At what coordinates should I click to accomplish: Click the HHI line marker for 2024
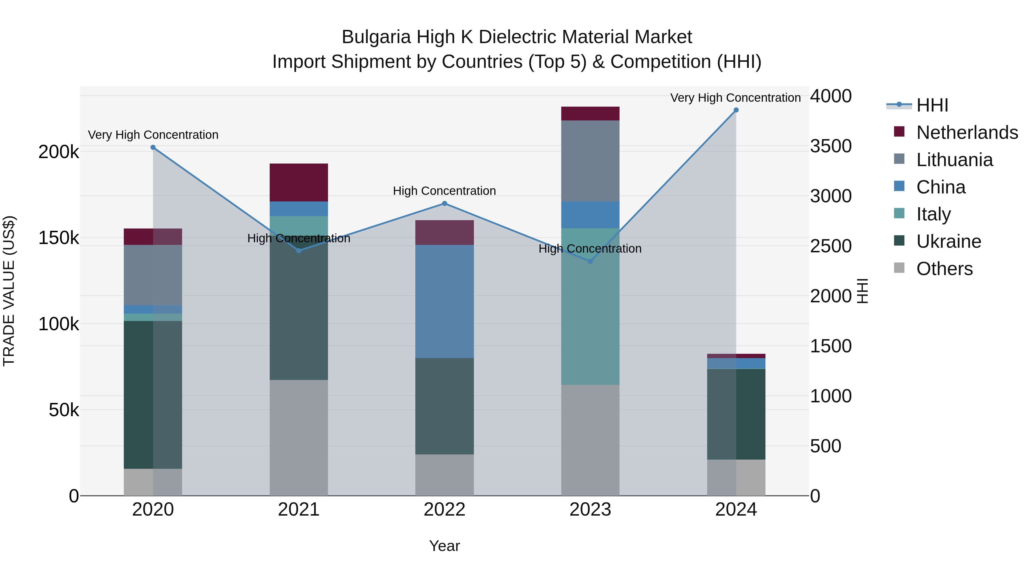tap(736, 110)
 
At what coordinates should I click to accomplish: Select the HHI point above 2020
tap(153, 147)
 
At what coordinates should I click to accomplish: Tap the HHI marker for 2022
tap(444, 204)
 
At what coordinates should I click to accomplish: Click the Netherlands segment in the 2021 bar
tap(299, 182)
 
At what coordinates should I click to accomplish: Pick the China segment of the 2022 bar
tap(444, 301)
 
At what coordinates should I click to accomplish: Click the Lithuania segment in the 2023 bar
tap(590, 161)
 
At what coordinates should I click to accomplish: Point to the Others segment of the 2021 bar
tap(299, 438)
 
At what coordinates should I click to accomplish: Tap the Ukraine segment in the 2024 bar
tap(736, 414)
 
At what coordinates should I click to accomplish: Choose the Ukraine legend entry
tap(948, 241)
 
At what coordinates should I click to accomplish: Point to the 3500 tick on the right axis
tap(830, 146)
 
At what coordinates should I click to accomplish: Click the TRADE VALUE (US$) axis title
tap(9, 291)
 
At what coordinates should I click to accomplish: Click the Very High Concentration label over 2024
tap(735, 98)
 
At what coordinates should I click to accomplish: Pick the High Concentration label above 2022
tap(444, 191)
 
